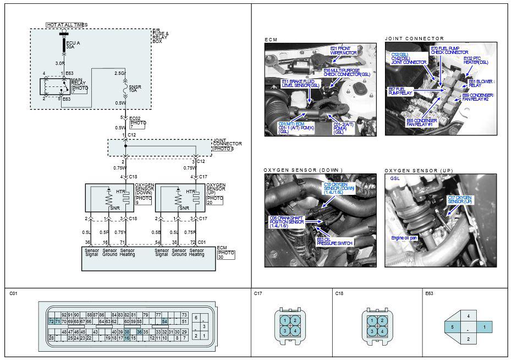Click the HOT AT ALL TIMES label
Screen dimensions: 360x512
(66, 25)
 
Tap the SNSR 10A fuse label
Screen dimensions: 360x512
(135, 89)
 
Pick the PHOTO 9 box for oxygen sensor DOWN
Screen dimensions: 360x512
(144, 200)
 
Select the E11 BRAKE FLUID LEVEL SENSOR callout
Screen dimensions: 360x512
(300, 84)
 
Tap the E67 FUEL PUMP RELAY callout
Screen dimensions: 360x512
(400, 91)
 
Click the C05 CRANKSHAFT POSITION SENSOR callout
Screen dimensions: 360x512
(287, 222)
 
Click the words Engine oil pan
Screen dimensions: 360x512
(404, 238)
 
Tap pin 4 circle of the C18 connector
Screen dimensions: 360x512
(382, 331)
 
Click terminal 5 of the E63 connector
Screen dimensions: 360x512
(453, 327)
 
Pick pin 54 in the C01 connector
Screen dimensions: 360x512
(164, 321)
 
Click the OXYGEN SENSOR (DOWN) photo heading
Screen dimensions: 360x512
(303, 171)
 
